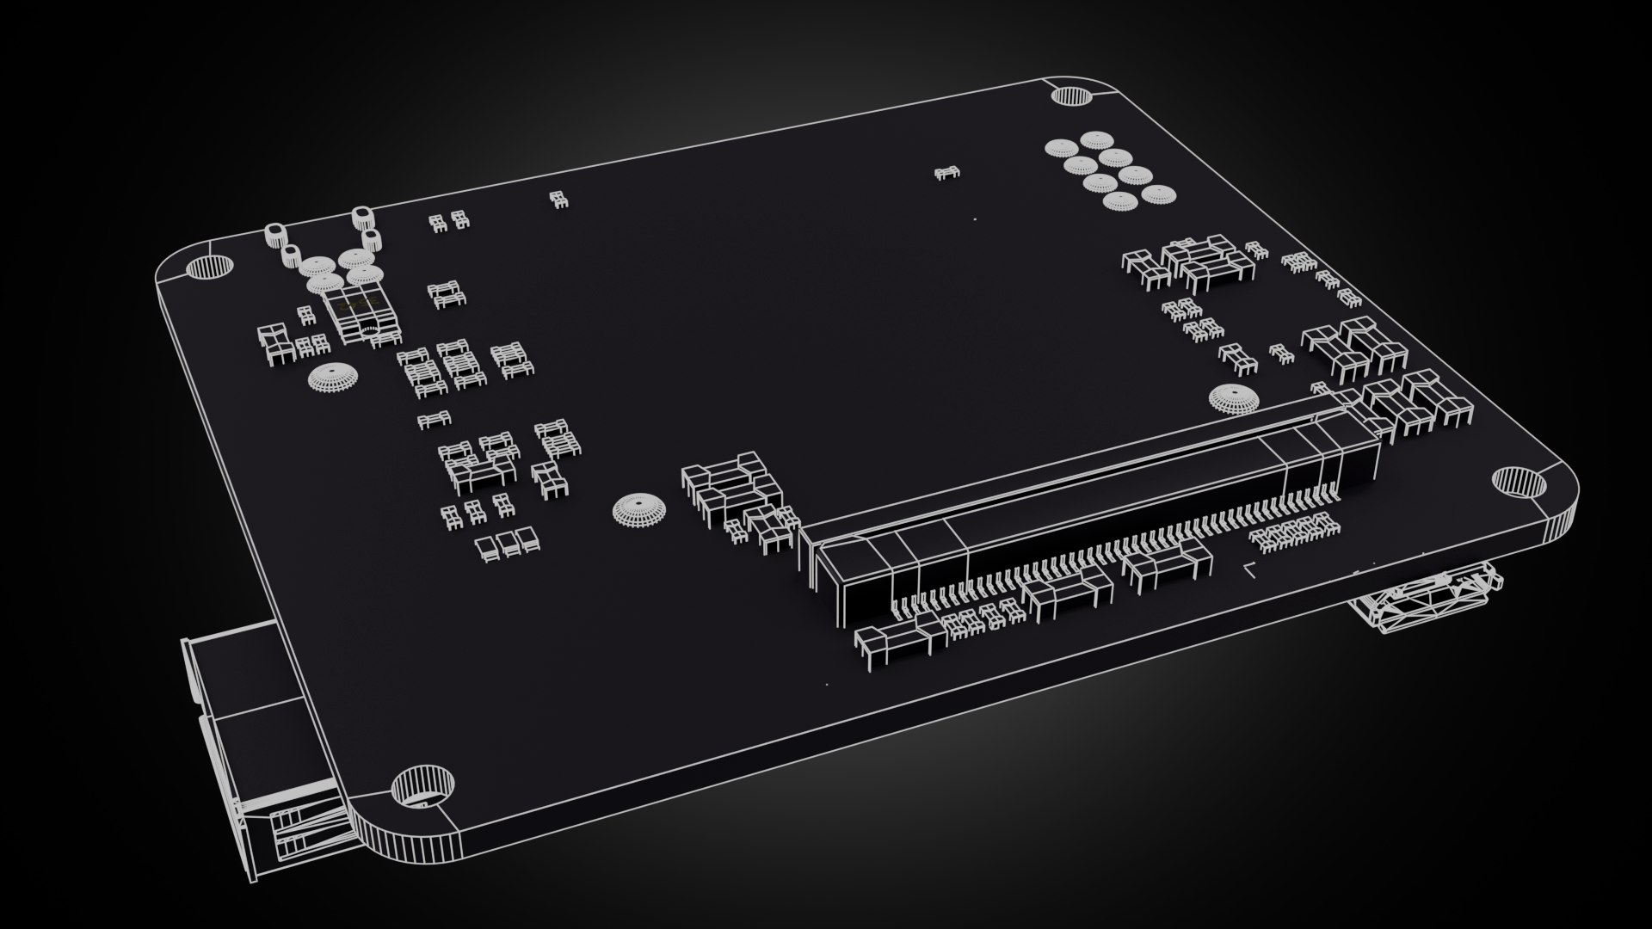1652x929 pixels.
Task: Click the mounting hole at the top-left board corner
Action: (x=210, y=268)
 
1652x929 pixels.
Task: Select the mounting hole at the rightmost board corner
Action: (x=1518, y=482)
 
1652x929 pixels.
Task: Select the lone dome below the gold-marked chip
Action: (x=330, y=378)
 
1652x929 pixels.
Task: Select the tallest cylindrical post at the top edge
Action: (x=361, y=218)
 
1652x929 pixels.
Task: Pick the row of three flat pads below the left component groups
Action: (x=507, y=543)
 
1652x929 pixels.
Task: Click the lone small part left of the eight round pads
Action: (x=946, y=174)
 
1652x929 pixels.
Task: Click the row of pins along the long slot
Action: (x=1119, y=551)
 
